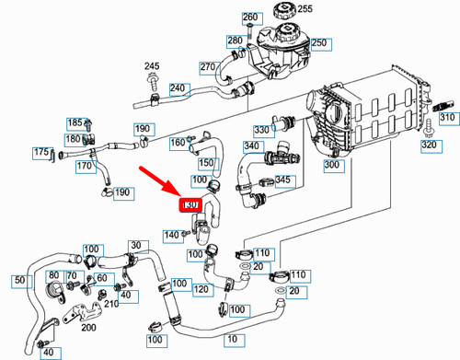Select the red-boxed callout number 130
pyautogui.click(x=191, y=204)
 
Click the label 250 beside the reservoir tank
pyautogui.click(x=320, y=42)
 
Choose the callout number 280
pyautogui.click(x=235, y=41)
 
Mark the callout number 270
pyautogui.click(x=207, y=65)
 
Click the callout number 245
pyautogui.click(x=152, y=66)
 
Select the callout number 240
pyautogui.click(x=178, y=89)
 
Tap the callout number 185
pyautogui.click(x=76, y=122)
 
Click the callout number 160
pyautogui.click(x=178, y=143)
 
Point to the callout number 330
pyautogui.click(x=261, y=130)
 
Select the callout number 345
pyautogui.click(x=284, y=180)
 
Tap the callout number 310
pyautogui.click(x=444, y=117)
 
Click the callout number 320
pyautogui.click(x=429, y=145)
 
